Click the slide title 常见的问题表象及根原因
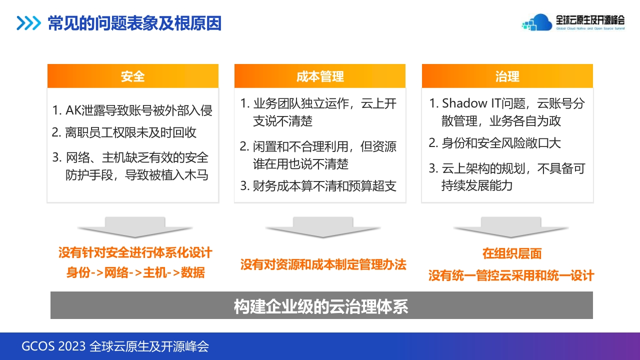coord(134,23)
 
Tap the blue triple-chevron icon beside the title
coord(29,23)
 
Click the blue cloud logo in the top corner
coord(537,22)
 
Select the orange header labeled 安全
coord(133,76)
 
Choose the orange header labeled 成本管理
coord(320,76)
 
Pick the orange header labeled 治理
coord(507,76)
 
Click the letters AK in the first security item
coord(73,110)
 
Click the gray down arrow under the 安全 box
coord(135,227)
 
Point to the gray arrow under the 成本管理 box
coord(323,227)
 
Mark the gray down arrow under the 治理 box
coord(511,227)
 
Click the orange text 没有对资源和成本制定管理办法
coord(323,264)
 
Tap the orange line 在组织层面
coord(511,253)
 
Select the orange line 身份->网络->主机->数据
coord(135,272)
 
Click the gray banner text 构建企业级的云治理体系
coord(321,306)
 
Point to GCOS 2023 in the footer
coord(53,346)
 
